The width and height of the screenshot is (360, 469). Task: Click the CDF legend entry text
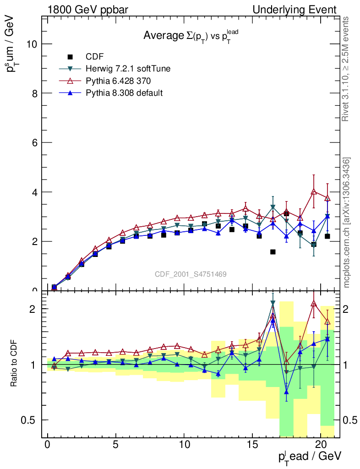pyautogui.click(x=95, y=57)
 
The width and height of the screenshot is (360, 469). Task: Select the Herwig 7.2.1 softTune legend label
pyautogui.click(x=128, y=69)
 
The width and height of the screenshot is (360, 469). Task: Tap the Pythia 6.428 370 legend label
pyautogui.click(x=119, y=81)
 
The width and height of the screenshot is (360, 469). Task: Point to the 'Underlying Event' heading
pyautogui.click(x=301, y=10)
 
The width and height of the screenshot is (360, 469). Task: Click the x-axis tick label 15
pyautogui.click(x=252, y=445)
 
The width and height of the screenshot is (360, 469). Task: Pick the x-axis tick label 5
pyautogui.click(x=116, y=445)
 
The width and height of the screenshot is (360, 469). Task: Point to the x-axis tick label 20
pyautogui.click(x=321, y=445)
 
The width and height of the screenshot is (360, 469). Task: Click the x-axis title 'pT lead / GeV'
pyautogui.click(x=309, y=457)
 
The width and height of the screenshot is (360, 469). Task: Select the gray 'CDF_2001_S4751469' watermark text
pyautogui.click(x=190, y=274)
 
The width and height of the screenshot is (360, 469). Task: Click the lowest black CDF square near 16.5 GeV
pyautogui.click(x=273, y=252)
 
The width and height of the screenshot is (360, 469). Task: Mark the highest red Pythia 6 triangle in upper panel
pyautogui.click(x=314, y=192)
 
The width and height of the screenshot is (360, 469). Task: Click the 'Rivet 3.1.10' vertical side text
pyautogui.click(x=346, y=69)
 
